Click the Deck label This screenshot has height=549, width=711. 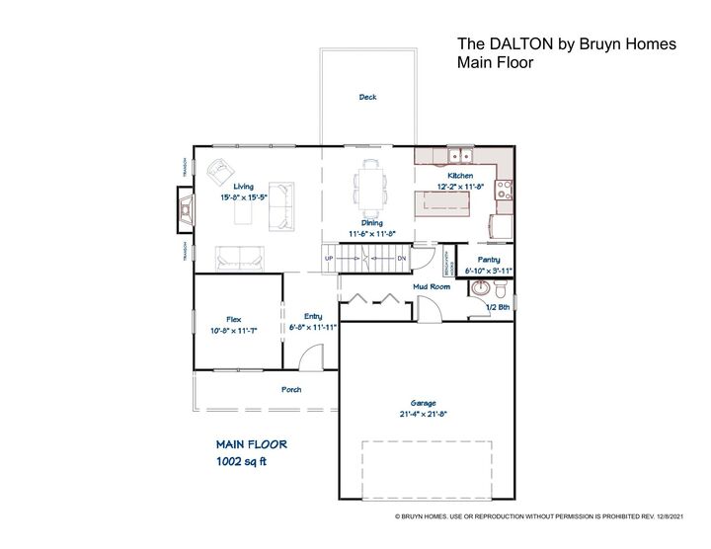coord(367,97)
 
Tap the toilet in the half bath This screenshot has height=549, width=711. coord(502,291)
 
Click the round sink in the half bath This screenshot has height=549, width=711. coord(480,289)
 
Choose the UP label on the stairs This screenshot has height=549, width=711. coord(330,259)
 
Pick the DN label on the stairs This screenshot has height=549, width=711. coord(402,259)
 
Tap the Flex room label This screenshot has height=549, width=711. coord(234,319)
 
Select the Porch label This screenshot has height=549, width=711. coord(291,389)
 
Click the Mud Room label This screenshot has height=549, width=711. coord(431,286)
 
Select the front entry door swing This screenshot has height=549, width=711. coord(311,355)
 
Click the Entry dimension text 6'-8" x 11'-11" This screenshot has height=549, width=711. coord(314,327)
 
